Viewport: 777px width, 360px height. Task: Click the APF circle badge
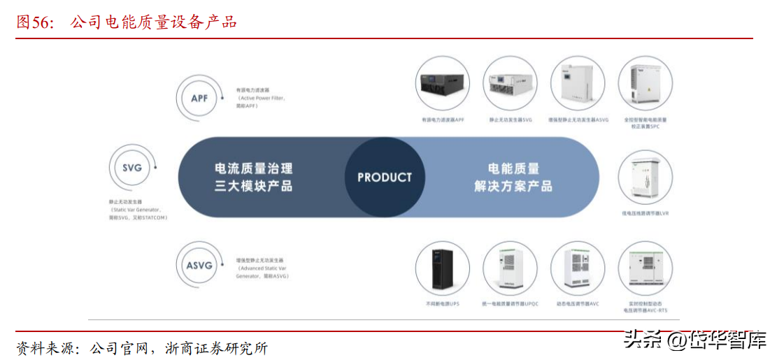[x=199, y=98]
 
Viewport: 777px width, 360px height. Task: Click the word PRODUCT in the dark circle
[x=385, y=178]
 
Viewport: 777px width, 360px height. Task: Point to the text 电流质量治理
[x=253, y=168]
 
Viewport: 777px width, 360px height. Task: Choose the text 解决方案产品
[x=513, y=187]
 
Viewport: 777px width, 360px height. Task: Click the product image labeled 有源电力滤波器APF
[x=442, y=83]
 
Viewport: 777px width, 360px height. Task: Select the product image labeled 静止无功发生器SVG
[x=511, y=83]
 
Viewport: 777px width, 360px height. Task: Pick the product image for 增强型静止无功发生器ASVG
[x=578, y=83]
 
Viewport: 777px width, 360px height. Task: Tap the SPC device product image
[x=646, y=83]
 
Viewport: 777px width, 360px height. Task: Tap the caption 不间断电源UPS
[x=442, y=304]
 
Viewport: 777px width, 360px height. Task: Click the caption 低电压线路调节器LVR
[x=646, y=213]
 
